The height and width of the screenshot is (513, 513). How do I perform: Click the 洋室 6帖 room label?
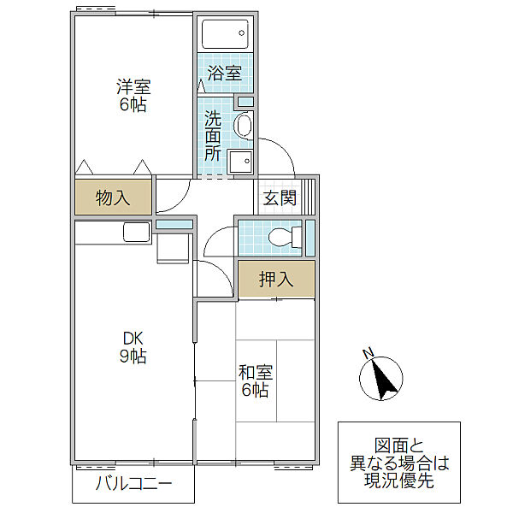tap(133, 96)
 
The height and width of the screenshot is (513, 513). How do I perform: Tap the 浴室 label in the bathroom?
tap(225, 74)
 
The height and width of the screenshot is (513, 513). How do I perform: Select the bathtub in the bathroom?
tap(225, 34)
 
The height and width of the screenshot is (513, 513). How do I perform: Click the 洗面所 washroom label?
tap(213, 137)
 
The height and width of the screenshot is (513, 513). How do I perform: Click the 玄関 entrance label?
tap(280, 198)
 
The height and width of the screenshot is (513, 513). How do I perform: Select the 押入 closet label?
tap(276, 279)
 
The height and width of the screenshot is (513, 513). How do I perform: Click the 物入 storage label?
tap(113, 198)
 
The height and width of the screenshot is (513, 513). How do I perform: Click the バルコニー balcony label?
tap(133, 484)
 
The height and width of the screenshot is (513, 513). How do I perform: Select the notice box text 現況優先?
tap(399, 481)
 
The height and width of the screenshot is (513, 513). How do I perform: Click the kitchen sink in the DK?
tap(136, 232)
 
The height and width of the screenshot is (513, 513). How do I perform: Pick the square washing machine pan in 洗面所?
tap(242, 162)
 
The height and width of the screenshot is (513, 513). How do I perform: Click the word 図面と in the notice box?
tap(399, 445)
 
